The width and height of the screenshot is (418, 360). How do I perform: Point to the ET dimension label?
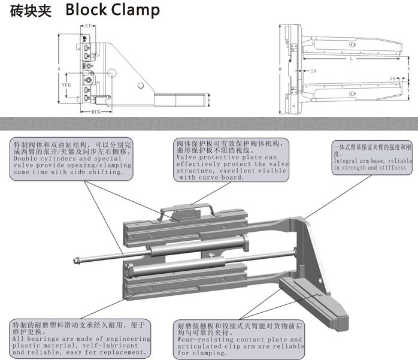[87, 26]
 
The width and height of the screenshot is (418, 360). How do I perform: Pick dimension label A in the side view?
[59, 69]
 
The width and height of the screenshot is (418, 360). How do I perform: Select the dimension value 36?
[392, 78]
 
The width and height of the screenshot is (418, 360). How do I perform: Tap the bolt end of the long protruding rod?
[77, 260]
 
